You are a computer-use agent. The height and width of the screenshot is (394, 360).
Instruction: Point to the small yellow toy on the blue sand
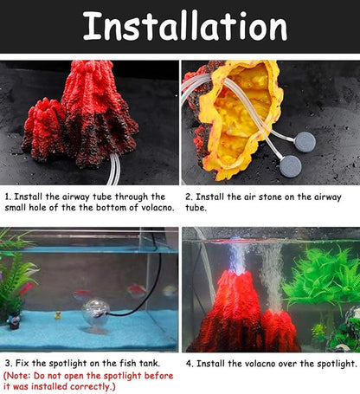58,315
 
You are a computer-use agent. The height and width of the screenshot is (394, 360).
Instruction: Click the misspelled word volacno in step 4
247,364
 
